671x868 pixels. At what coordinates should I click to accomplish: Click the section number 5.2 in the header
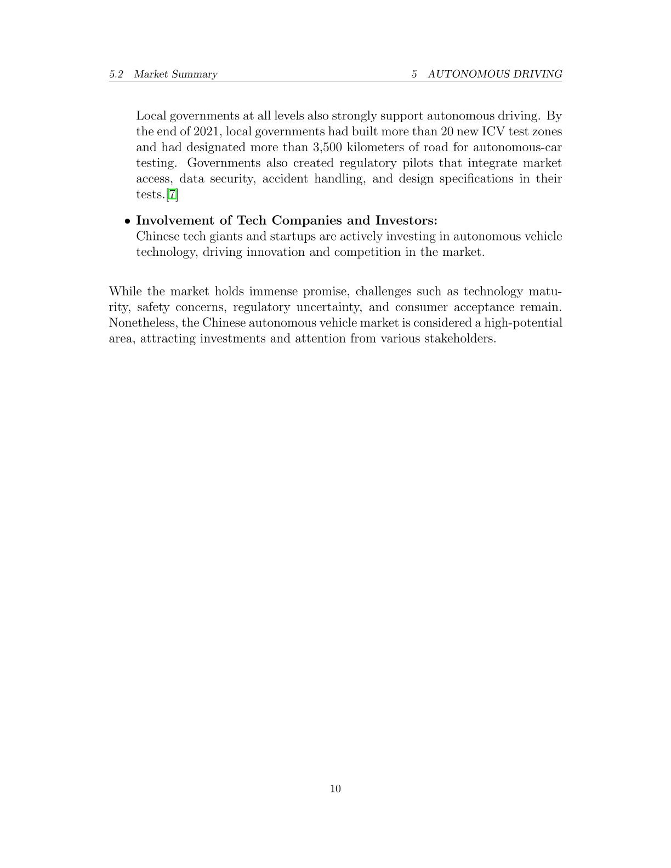pyautogui.click(x=116, y=74)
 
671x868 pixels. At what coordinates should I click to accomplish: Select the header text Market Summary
pyautogui.click(x=175, y=74)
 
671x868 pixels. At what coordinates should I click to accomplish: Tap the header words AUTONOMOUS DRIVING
pyautogui.click(x=494, y=74)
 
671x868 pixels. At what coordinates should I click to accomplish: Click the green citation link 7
pyautogui.click(x=172, y=195)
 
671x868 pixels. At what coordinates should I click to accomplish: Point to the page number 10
pyautogui.click(x=336, y=789)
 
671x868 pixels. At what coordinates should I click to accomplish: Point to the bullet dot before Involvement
pyautogui.click(x=127, y=221)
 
